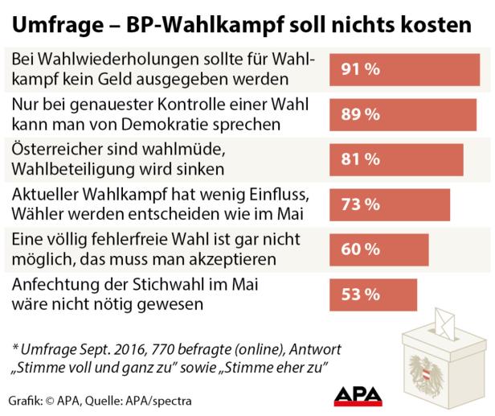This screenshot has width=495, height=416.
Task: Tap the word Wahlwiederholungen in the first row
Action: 112,60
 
